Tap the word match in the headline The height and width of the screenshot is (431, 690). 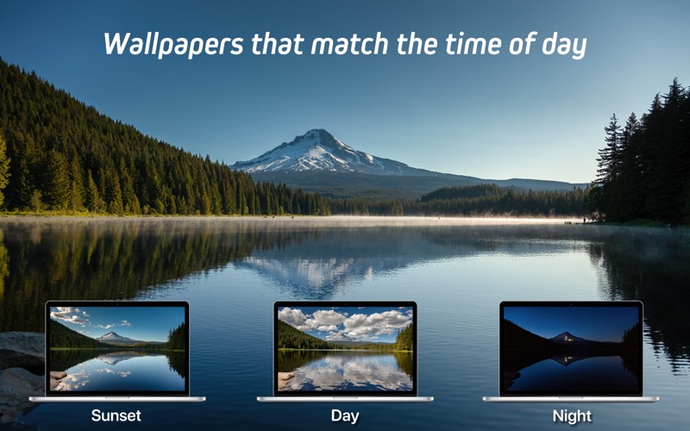[x=334, y=44]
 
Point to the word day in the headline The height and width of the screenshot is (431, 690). [x=564, y=46]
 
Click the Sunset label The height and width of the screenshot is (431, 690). [x=116, y=416]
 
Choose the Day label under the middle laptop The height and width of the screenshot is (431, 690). [x=345, y=416]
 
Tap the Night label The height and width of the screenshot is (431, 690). [x=572, y=416]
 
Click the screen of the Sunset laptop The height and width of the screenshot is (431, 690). [x=117, y=348]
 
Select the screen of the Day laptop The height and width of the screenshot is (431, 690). [x=345, y=348]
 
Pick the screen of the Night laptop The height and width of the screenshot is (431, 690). [x=572, y=348]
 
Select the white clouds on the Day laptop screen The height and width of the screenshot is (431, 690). [x=345, y=322]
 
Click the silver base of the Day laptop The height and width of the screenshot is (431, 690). [x=345, y=399]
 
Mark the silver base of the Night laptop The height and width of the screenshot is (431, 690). [x=572, y=399]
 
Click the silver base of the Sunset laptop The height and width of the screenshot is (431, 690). [x=117, y=399]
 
